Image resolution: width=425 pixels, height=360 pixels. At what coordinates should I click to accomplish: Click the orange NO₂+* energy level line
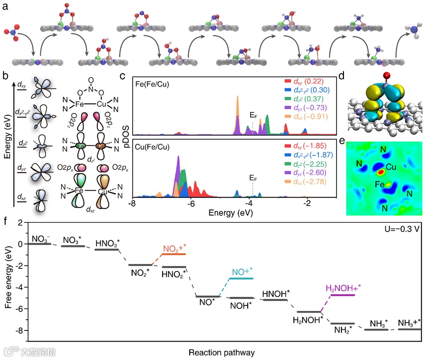point(174,254)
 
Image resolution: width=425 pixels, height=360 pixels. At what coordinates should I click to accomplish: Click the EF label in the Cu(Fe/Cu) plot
point(253,177)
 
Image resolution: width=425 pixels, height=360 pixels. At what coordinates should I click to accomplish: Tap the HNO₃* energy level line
point(106,250)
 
